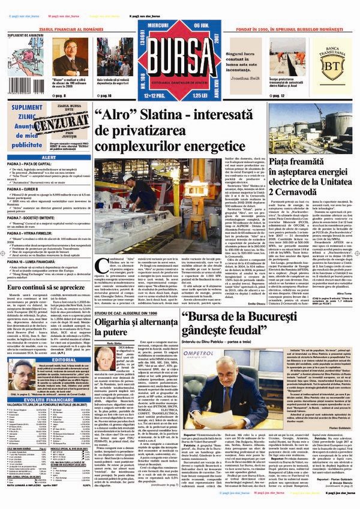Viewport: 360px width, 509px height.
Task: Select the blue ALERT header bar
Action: (49, 157)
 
